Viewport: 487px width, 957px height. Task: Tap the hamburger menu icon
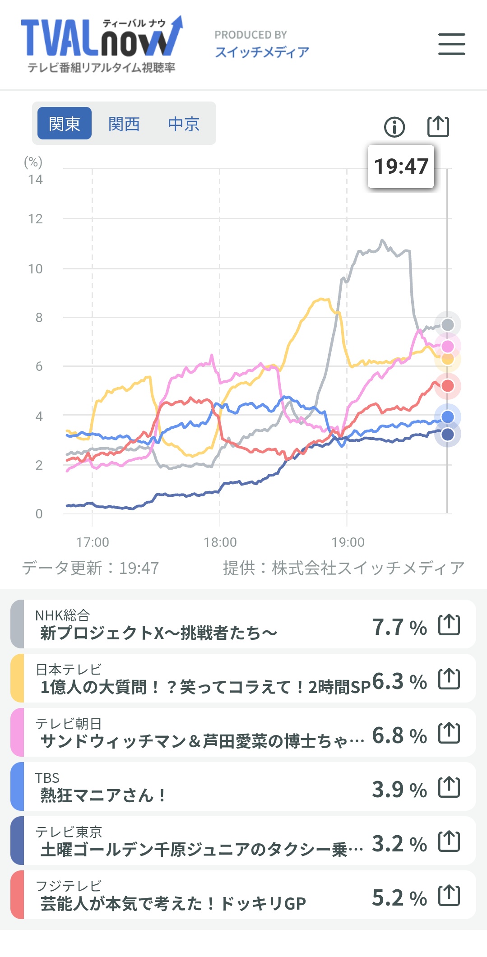(451, 44)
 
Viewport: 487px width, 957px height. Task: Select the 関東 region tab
(65, 124)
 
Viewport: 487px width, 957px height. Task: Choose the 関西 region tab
(124, 124)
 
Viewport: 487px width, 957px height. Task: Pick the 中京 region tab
(184, 124)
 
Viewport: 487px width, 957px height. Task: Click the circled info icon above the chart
(394, 127)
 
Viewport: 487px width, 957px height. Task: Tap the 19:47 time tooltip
(401, 166)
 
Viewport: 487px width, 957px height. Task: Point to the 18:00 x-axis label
(220, 542)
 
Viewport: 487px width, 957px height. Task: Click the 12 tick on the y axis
(35, 219)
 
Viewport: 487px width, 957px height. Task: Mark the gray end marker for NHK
(447, 324)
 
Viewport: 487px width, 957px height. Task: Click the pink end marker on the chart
(447, 346)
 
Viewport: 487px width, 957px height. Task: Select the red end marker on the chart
(447, 386)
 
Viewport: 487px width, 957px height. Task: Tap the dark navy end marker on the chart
(447, 435)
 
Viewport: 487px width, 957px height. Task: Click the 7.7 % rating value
(399, 627)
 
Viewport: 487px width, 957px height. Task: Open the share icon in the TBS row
(449, 787)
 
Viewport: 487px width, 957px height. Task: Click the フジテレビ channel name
(69, 886)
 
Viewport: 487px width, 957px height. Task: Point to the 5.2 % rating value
(399, 898)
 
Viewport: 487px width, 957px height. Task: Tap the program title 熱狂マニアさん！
(103, 795)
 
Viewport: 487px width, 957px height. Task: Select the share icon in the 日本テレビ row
(449, 679)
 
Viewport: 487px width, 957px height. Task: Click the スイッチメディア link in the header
(262, 52)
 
